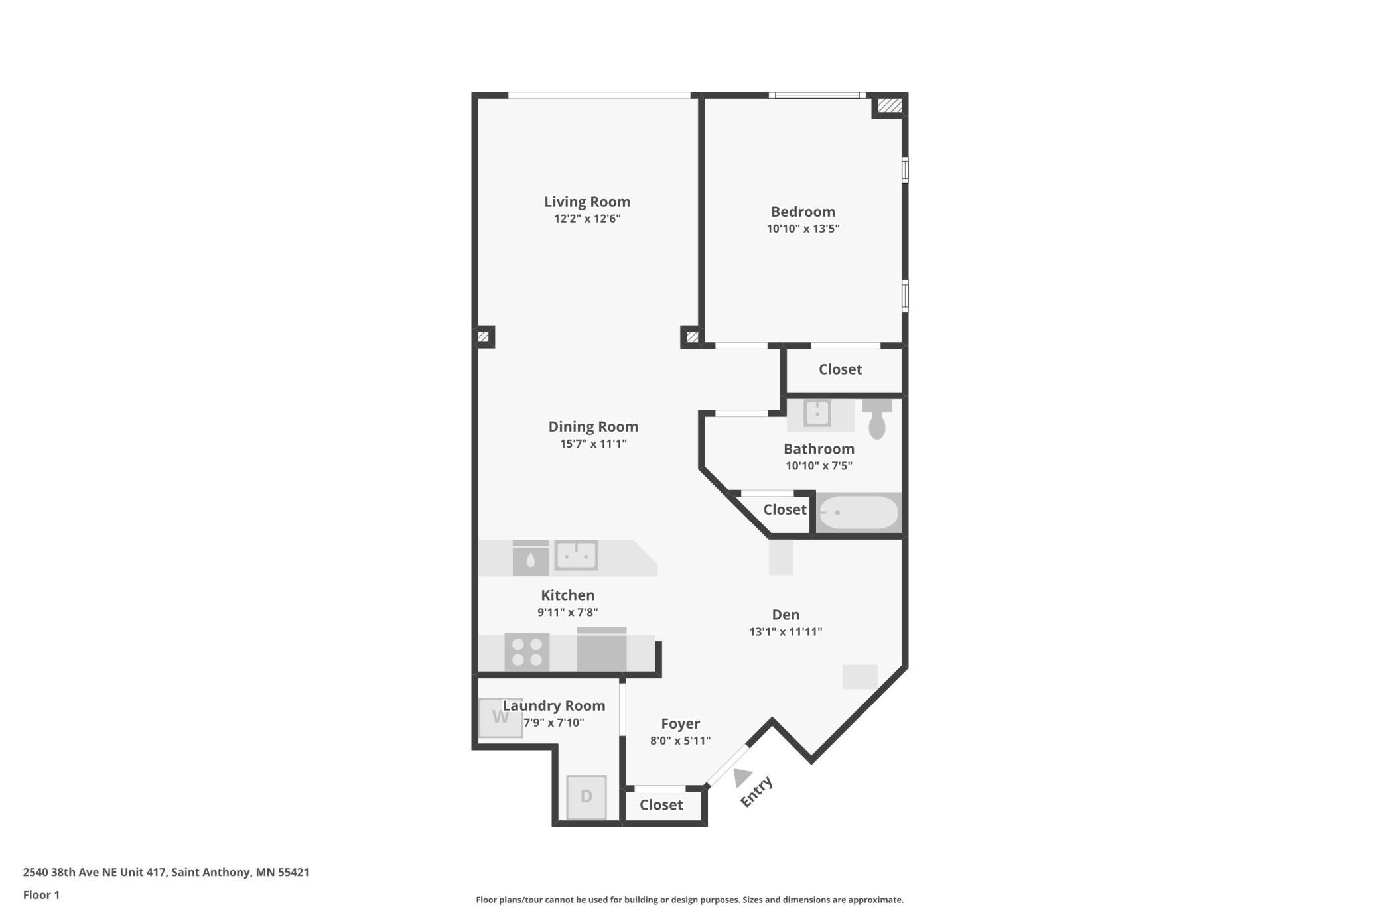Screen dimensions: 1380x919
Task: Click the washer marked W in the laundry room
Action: tap(501, 717)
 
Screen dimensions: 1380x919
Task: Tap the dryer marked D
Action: tap(586, 797)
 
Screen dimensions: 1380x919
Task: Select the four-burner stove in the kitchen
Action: tap(527, 652)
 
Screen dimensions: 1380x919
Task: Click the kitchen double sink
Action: tap(576, 555)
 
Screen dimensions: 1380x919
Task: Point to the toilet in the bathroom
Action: tap(877, 418)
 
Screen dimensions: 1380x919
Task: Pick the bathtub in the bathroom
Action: tap(859, 513)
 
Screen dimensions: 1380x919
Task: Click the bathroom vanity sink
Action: tap(817, 413)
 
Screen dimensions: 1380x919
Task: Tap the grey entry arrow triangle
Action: tap(742, 777)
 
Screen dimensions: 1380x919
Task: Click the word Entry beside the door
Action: tap(756, 791)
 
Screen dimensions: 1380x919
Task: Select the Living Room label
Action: tap(587, 202)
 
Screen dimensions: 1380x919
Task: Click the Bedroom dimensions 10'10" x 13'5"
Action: tap(803, 229)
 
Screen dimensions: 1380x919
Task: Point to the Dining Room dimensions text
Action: tap(593, 444)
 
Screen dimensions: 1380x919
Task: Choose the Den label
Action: tap(786, 615)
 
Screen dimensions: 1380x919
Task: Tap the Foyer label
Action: tap(680, 724)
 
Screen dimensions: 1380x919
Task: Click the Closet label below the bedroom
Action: tap(840, 369)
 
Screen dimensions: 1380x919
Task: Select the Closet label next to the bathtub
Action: tap(785, 509)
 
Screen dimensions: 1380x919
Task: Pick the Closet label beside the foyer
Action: tap(661, 804)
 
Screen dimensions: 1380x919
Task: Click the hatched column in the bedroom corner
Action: tap(890, 105)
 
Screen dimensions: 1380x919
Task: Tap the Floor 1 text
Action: tap(41, 895)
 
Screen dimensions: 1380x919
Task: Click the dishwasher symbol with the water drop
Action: tap(530, 558)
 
